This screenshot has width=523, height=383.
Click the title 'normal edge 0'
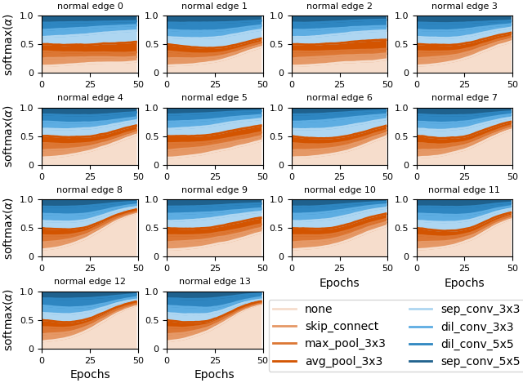(x=90, y=7)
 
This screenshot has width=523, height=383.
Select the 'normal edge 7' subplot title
(x=464, y=98)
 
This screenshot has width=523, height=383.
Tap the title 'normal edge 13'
(x=214, y=282)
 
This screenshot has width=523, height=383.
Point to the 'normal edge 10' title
(x=339, y=190)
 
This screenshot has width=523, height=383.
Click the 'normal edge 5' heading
(x=214, y=98)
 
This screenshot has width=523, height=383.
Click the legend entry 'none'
(x=318, y=310)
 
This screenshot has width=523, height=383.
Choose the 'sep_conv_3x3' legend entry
(x=480, y=310)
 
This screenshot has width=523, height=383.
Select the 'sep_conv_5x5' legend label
(x=480, y=361)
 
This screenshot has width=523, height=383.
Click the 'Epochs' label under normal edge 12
(x=90, y=375)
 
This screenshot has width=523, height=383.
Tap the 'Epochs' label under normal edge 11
(x=464, y=283)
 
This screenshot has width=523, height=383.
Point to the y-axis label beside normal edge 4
(x=9, y=136)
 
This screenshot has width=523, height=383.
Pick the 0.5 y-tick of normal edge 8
(x=30, y=228)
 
